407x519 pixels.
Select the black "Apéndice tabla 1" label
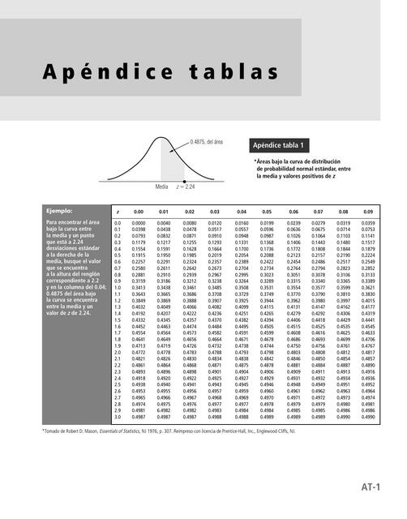[x=281, y=146]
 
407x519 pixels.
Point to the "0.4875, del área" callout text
[x=207, y=142]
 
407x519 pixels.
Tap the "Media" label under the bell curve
[x=161, y=186]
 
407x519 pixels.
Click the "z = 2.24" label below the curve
[x=186, y=186]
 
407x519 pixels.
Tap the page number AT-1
[x=371, y=486]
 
